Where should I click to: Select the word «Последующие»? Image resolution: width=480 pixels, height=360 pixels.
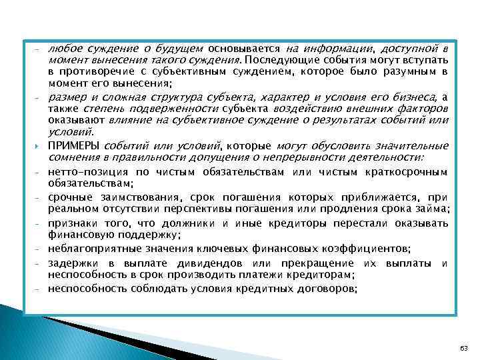(x=283, y=60)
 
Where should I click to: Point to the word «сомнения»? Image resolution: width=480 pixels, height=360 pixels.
(x=69, y=157)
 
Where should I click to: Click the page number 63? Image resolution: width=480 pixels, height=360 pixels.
(x=465, y=349)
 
